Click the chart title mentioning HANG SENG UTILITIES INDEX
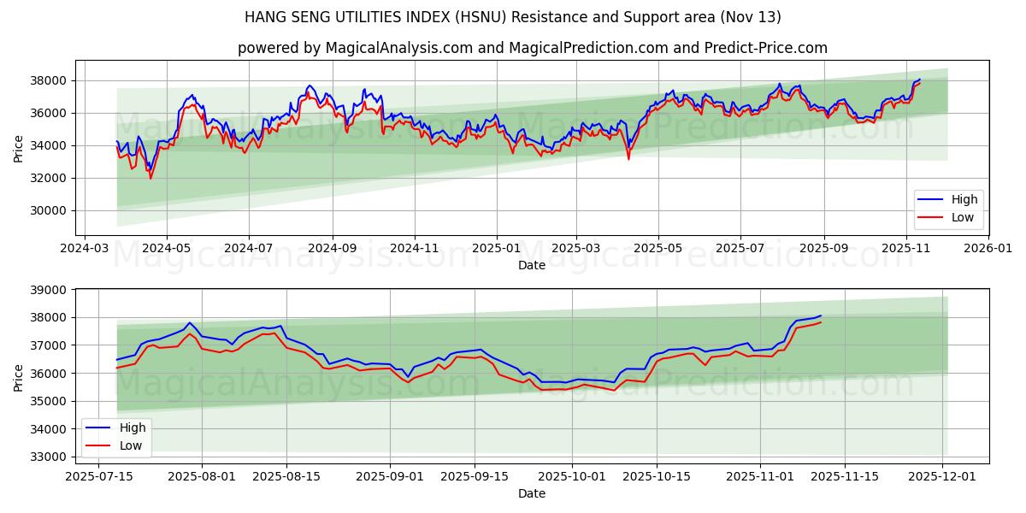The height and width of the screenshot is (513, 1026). [512, 17]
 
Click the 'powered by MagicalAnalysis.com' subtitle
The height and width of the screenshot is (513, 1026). [532, 48]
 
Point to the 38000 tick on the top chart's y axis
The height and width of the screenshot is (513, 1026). [50, 80]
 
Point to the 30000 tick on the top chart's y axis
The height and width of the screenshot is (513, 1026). [50, 210]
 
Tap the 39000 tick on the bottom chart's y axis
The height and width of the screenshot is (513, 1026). [50, 290]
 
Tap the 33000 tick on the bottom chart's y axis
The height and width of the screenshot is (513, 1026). [50, 457]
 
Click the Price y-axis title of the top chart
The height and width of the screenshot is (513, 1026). [19, 148]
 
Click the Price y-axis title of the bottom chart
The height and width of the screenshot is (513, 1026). [19, 377]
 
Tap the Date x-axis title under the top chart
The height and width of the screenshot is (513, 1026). [532, 265]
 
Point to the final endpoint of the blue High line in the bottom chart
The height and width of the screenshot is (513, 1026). [821, 315]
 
